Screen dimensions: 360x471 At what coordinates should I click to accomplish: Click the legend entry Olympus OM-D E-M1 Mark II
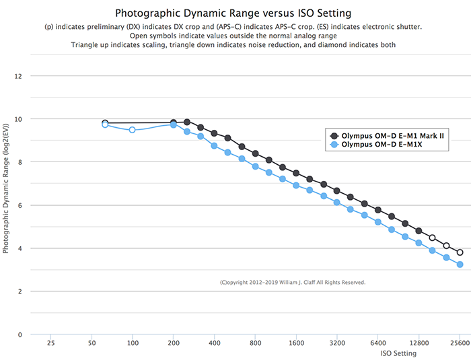pos(394,135)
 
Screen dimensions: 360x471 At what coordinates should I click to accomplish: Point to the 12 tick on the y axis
pos(18,76)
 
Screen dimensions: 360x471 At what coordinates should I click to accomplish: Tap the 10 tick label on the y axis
pos(18,119)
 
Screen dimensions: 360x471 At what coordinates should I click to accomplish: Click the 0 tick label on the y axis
pos(20,334)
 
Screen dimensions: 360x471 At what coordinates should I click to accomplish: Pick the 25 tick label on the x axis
pos(50,343)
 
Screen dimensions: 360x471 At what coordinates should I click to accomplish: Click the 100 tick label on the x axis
pos(133,343)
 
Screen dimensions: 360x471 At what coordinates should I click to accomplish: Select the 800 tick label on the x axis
pos(255,343)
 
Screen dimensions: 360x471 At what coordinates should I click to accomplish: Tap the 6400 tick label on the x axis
pos(378,343)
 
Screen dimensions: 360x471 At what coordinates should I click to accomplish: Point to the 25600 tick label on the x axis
pos(460,343)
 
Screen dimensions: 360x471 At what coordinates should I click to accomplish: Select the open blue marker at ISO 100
pos(133,130)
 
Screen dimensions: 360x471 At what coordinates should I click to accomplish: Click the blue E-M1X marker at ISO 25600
pos(460,264)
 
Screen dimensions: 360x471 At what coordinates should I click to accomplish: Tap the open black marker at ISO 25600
pos(460,252)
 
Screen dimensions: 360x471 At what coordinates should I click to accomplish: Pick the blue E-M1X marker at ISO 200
pos(174,125)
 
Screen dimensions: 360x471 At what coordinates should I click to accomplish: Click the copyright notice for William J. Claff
pos(293,283)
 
